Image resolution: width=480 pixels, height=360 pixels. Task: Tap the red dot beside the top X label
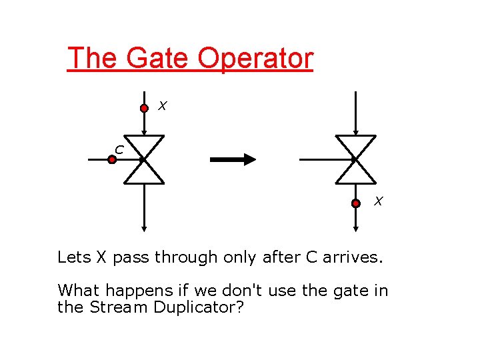coord(144,108)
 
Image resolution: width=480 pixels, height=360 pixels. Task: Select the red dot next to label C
coord(112,159)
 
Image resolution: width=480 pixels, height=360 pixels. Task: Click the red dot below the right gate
coord(356,203)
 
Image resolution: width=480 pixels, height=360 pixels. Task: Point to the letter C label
coord(118,149)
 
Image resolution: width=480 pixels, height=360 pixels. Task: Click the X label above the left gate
coord(162,105)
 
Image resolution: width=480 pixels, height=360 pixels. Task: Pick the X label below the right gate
coord(377,201)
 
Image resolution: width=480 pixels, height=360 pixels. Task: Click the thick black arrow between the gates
coord(233,159)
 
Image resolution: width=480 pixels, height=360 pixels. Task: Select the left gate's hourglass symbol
coord(145,159)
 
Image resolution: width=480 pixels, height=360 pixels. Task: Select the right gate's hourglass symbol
coord(355,159)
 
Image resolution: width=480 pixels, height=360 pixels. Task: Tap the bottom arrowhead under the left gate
coord(145,228)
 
